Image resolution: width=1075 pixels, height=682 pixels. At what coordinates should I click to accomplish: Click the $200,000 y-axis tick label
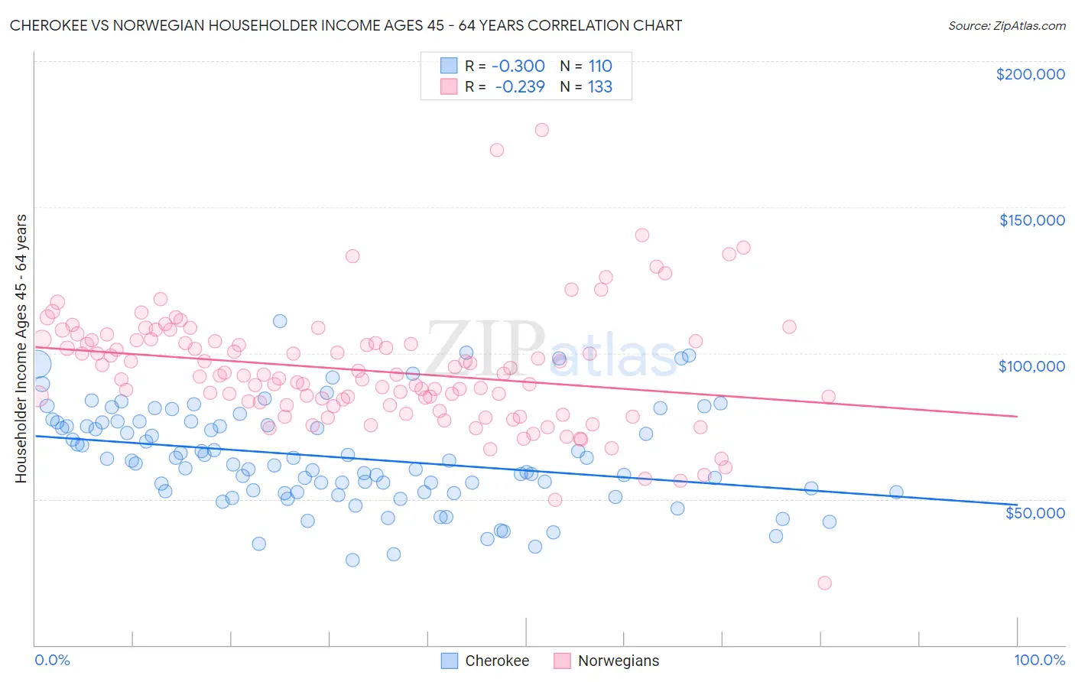point(1030,74)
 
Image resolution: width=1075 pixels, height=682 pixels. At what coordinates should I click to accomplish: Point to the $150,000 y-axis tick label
point(1031,220)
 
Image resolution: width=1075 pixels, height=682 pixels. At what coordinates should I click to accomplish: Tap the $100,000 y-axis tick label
point(1031,366)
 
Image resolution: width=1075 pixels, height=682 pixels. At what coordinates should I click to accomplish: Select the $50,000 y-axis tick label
point(1034,512)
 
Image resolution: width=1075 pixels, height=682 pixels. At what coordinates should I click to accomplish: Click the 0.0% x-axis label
point(52,660)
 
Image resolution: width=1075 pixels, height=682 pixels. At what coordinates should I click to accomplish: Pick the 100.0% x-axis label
point(1039,660)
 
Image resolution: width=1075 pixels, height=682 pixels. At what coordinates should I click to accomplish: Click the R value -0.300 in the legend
point(518,66)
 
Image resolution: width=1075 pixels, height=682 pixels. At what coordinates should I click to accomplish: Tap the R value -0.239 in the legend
point(519,86)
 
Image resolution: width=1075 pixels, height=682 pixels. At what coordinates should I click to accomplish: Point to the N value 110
point(600,66)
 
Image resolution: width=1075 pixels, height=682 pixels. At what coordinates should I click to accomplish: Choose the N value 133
point(600,86)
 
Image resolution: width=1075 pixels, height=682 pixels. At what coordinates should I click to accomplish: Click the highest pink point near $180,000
point(541,130)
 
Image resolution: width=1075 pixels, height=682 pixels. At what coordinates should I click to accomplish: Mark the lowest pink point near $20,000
point(824,583)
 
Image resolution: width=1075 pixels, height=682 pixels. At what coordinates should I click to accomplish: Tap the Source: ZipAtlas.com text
point(1006,25)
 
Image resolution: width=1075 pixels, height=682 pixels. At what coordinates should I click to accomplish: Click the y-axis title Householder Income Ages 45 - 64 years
point(21,348)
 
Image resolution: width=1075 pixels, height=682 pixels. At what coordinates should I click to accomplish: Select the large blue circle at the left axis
point(36,365)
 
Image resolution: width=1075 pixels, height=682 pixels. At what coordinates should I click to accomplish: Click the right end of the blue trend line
point(1017,505)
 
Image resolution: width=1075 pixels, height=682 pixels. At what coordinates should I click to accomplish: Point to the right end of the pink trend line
point(1017,416)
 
